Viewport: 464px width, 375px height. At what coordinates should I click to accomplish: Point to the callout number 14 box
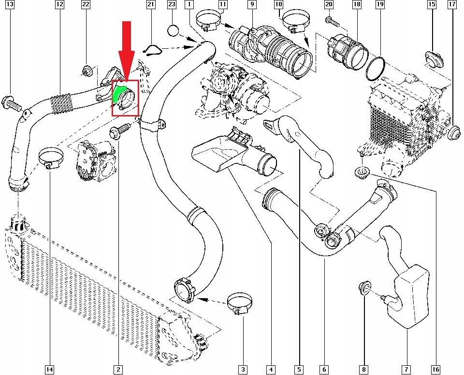(49, 370)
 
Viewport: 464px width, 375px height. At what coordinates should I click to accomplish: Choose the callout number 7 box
(406, 370)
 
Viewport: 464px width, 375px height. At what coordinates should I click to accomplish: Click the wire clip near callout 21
(153, 49)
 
